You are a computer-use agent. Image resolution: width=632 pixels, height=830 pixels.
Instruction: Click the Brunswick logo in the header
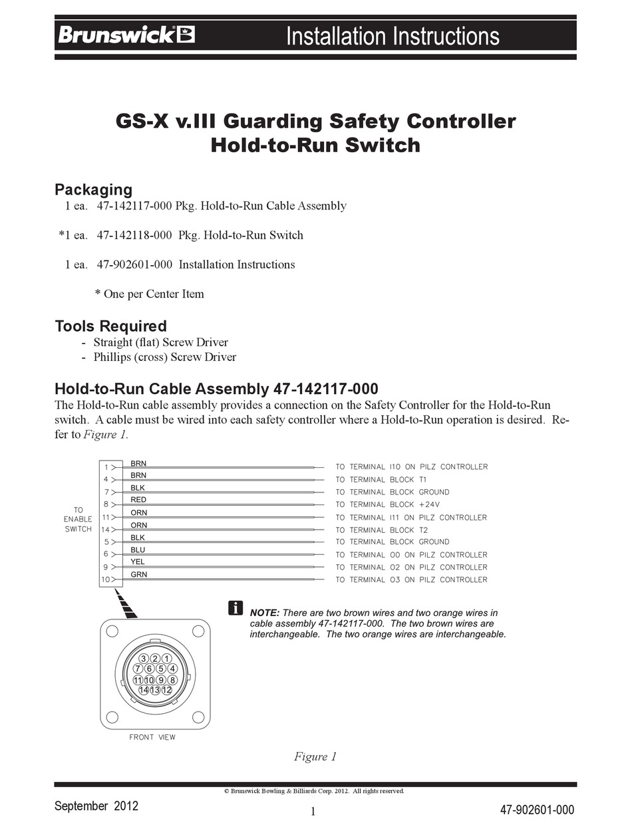126,35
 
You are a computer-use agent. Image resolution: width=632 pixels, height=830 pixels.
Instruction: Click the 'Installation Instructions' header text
393,35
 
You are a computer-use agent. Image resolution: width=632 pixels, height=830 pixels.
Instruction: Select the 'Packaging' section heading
93,189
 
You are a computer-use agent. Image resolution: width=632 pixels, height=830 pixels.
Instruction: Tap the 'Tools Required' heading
110,326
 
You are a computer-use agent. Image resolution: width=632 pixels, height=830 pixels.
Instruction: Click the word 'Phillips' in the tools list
112,357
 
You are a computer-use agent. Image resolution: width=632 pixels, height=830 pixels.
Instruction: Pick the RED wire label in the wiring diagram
138,500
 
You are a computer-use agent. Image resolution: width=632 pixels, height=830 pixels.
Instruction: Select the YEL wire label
138,562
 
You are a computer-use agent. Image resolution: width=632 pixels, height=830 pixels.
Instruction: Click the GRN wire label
138,574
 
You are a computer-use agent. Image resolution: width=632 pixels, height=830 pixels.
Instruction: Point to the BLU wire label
138,550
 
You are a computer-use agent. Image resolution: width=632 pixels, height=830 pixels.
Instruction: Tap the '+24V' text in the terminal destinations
429,504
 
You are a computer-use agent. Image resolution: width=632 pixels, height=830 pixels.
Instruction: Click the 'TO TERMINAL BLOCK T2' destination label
381,530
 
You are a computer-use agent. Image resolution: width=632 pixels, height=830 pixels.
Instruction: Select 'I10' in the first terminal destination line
395,467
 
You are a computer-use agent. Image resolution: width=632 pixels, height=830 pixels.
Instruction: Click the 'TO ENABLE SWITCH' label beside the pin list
78,520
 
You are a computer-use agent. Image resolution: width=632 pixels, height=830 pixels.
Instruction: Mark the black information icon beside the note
236,607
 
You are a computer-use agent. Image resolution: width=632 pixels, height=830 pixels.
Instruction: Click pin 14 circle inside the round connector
144,690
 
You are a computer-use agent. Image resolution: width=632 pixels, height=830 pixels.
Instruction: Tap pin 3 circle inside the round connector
144,658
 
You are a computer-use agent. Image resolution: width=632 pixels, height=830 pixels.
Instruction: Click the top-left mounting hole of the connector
112,630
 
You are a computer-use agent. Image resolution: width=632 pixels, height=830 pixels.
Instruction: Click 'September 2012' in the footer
96,806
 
